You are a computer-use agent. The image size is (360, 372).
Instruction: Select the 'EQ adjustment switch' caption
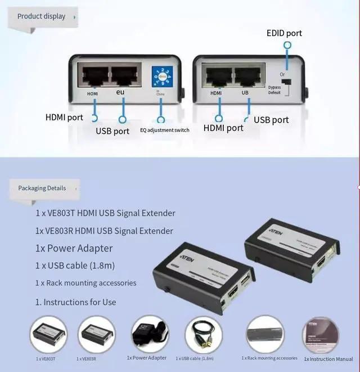[x=164, y=130]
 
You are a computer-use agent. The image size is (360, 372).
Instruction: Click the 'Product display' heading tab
[x=42, y=16]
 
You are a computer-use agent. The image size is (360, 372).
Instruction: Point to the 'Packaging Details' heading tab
[x=42, y=188]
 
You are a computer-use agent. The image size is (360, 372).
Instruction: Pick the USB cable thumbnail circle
[x=203, y=335]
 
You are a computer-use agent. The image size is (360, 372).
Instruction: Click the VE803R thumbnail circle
[x=96, y=334]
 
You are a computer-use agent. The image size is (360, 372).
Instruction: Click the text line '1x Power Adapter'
[x=74, y=248]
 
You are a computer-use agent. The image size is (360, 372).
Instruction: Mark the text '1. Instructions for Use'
[x=75, y=302]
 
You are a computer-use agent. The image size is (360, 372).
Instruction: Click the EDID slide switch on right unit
[x=286, y=83]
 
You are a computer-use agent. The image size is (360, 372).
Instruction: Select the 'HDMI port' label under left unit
[x=64, y=118]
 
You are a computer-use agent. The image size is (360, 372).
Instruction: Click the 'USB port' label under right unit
[x=271, y=120]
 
